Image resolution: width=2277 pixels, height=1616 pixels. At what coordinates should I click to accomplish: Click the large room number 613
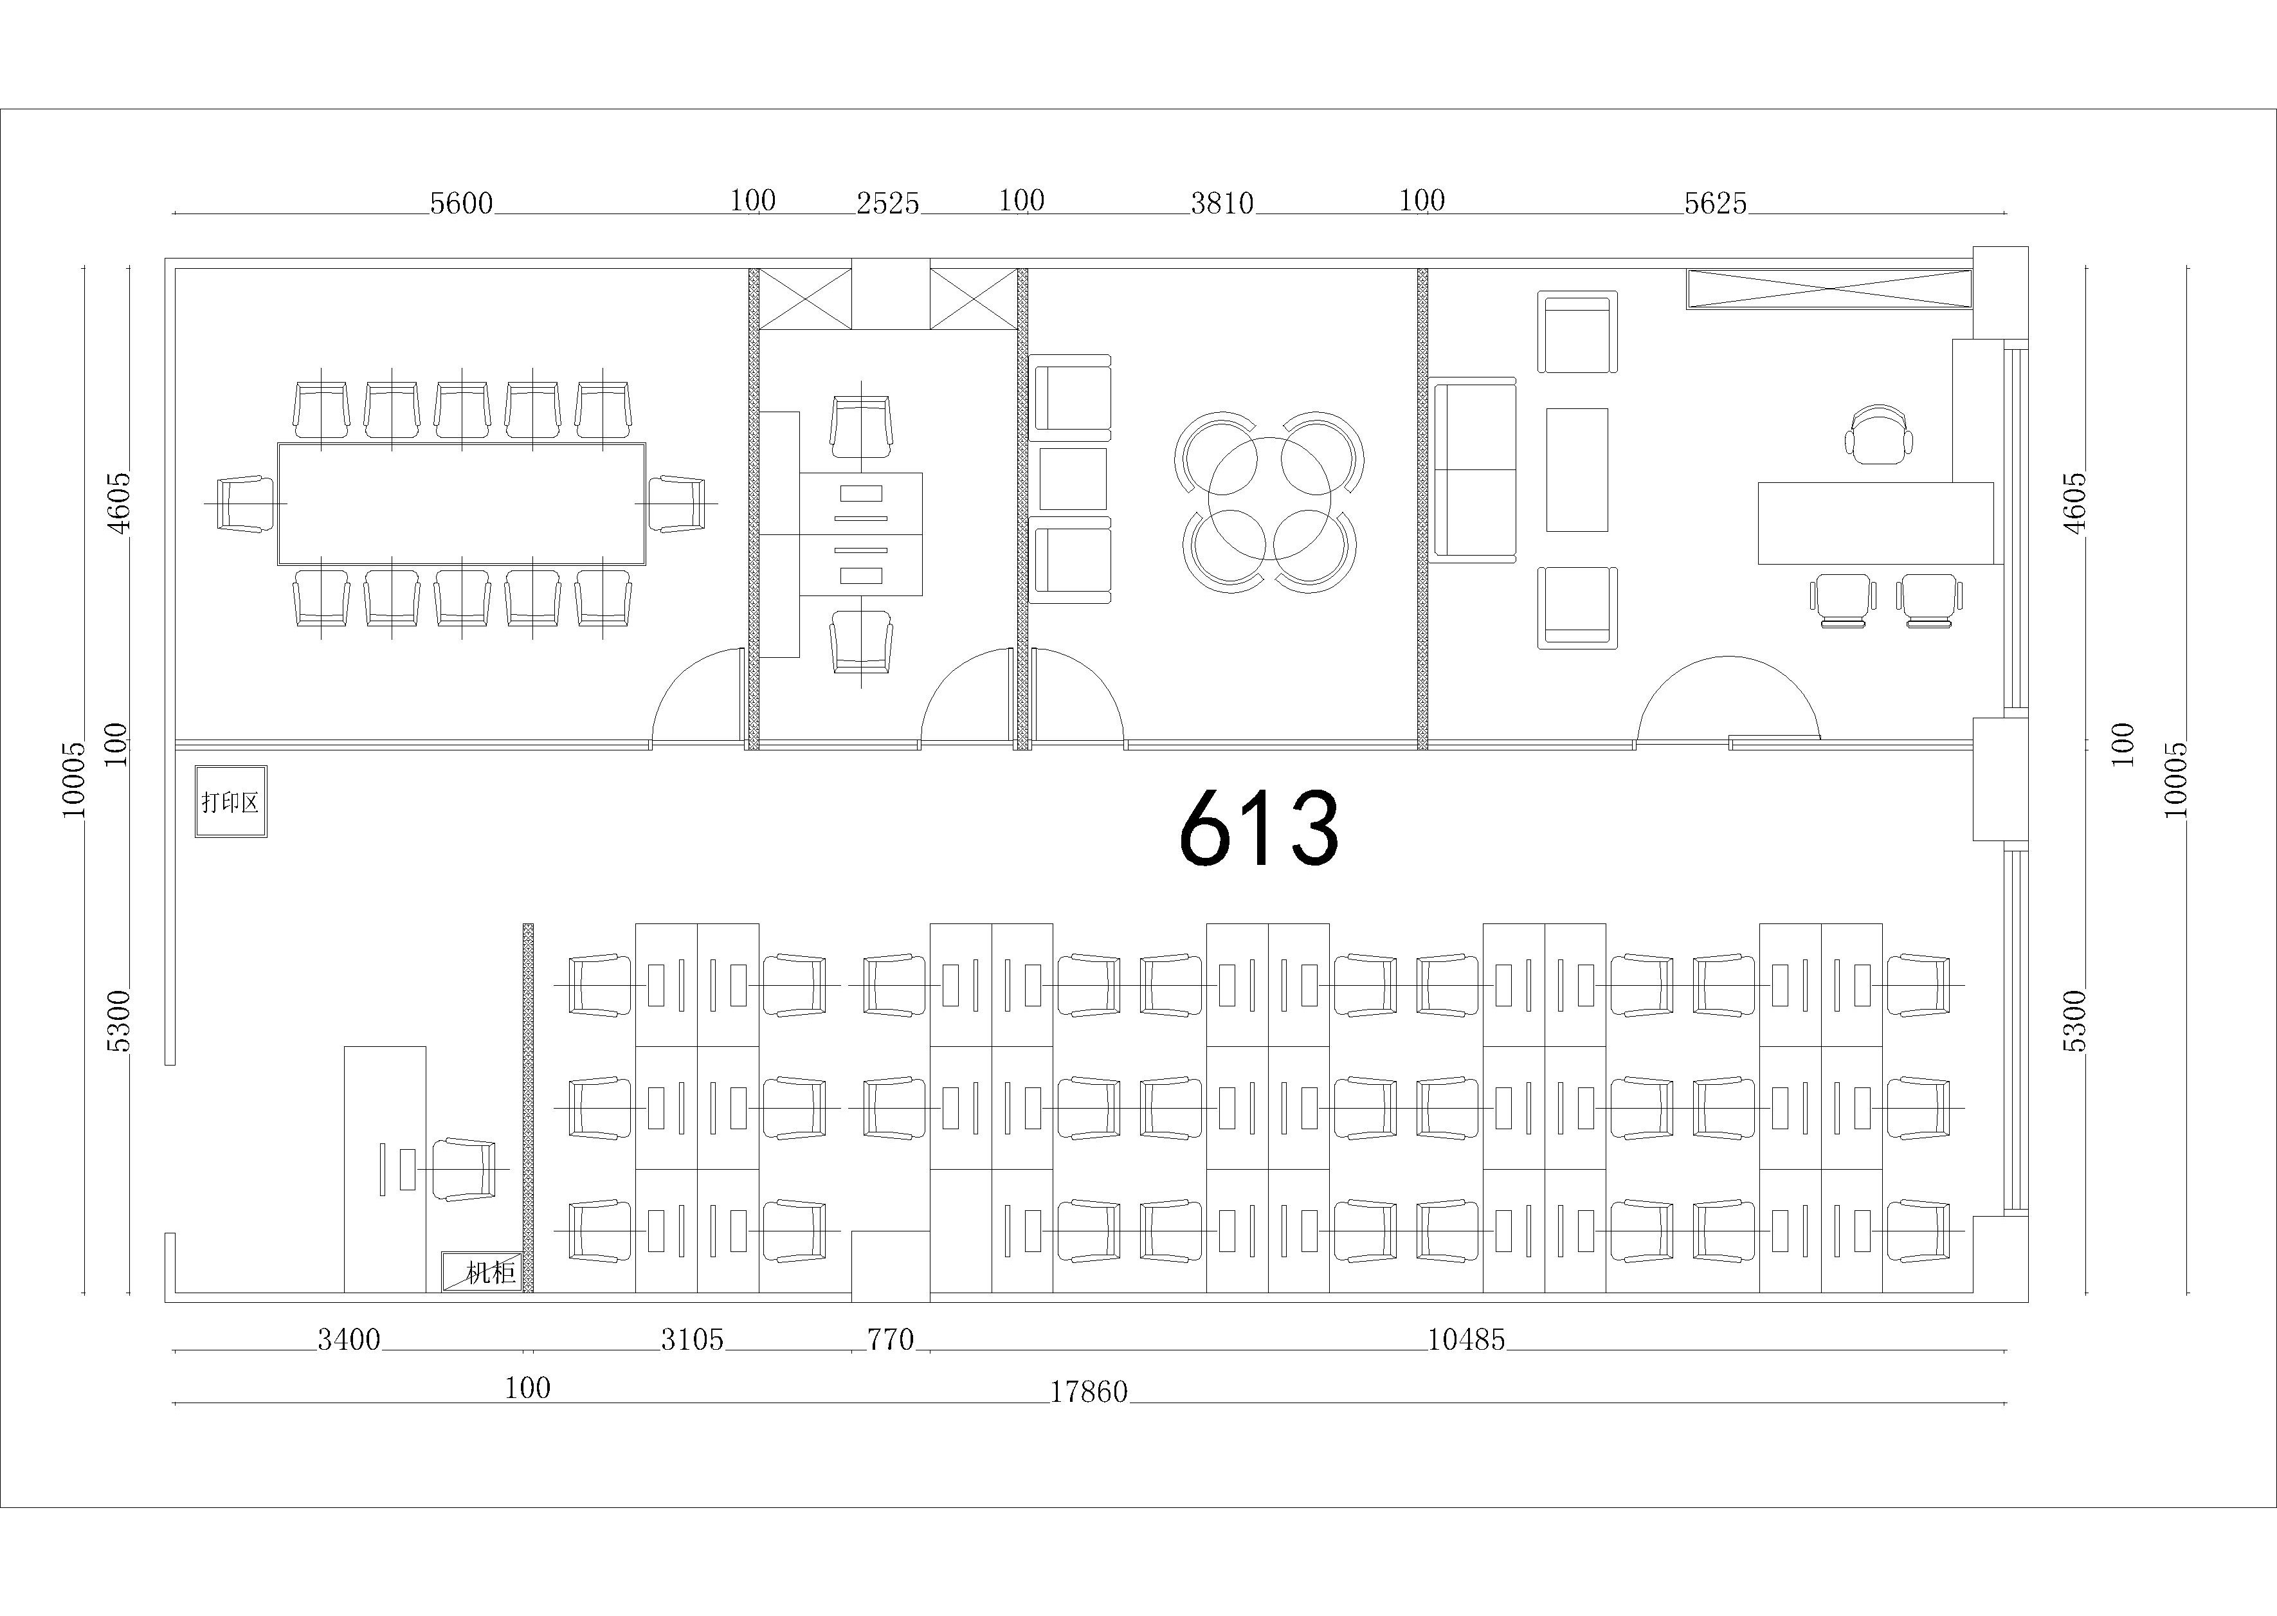1258,827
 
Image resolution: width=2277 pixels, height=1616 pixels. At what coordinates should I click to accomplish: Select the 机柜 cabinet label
482,1272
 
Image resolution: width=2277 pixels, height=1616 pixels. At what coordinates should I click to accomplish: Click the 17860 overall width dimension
1089,1391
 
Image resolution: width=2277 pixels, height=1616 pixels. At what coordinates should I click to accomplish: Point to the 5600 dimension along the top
462,203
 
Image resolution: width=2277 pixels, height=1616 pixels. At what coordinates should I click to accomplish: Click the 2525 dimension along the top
888,203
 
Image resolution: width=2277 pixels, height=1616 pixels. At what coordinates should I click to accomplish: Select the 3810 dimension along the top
1222,203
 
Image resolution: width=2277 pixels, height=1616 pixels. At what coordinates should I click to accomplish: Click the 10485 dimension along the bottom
1466,1340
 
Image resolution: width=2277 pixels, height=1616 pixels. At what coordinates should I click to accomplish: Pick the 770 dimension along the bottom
891,1340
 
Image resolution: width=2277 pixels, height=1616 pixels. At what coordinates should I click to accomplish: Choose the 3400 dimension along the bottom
349,1340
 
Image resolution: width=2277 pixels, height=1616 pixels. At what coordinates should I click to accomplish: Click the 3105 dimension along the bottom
693,1340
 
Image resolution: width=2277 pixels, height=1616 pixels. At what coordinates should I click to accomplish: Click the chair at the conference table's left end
246,504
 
